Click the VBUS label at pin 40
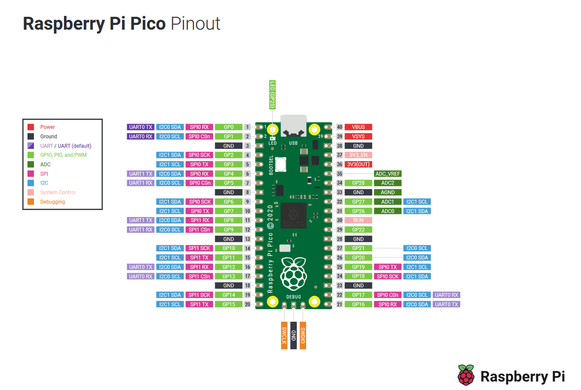[358, 127]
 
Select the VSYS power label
[358, 137]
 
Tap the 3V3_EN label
[358, 155]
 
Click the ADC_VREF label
[387, 174]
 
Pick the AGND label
[387, 192]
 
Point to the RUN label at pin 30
[358, 220]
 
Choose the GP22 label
[358, 230]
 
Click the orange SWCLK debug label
[284, 335]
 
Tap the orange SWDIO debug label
[303, 335]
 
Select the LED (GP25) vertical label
[272, 94]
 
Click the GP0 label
[228, 127]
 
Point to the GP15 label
[228, 305]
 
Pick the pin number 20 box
[247, 305]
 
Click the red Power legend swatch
[31, 127]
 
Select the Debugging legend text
[52, 202]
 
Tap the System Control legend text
[58, 192]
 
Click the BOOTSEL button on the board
[280, 165]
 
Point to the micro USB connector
[293, 125]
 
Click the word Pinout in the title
[195, 24]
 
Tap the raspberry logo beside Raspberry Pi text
[466, 375]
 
